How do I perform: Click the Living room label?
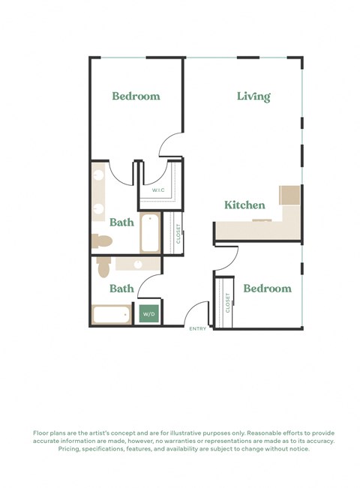[253, 96]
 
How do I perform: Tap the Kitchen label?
[244, 205]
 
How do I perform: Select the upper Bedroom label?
[136, 96]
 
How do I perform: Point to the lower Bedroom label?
[267, 289]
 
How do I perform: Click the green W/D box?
[148, 314]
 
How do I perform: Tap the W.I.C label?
[158, 190]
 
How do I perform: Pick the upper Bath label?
[121, 223]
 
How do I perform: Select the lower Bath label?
[121, 289]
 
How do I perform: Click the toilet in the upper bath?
[101, 241]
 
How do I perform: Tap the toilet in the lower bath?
[104, 265]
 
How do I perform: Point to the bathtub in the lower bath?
[112, 314]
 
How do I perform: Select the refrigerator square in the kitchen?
[289, 195]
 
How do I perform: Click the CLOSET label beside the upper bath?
[178, 234]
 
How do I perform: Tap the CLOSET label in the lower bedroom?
[227, 303]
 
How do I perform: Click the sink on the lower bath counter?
[137, 265]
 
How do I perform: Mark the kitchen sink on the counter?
[262, 220]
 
